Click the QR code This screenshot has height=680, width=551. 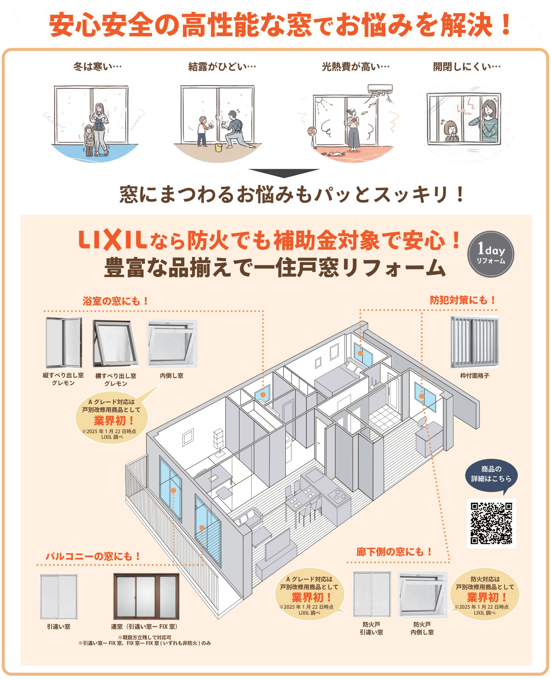point(491,523)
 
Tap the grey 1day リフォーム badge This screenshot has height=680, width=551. point(491,254)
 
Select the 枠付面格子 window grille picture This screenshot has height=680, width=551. point(474,342)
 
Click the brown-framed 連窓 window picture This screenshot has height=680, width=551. point(146,596)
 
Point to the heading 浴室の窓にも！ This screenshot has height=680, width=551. point(116,301)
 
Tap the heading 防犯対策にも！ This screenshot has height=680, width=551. point(463,300)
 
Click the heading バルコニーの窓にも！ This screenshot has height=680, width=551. point(93,556)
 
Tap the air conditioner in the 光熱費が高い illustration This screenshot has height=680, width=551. point(380,90)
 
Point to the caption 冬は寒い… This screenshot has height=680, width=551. point(98,66)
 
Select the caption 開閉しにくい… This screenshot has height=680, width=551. point(467,66)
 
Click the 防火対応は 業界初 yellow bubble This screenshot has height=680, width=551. point(485,594)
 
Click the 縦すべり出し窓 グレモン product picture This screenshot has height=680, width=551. point(64,342)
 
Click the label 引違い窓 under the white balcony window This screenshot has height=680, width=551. point(59,626)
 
